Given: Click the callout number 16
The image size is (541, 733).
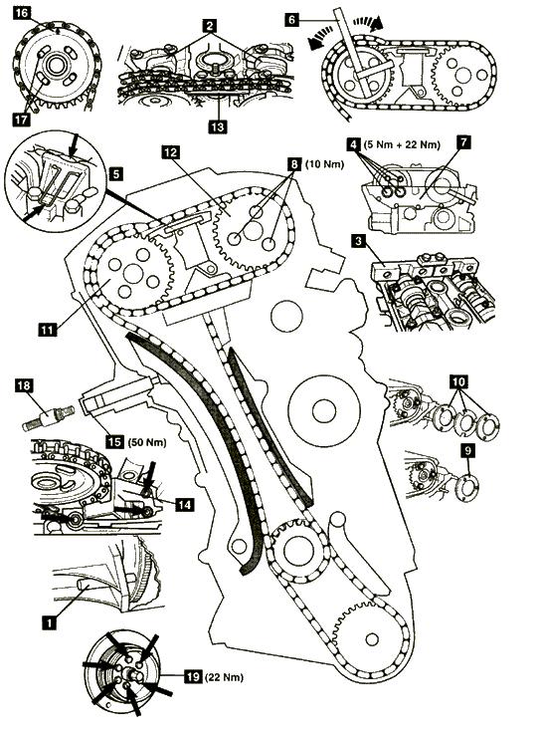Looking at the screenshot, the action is click(x=22, y=13).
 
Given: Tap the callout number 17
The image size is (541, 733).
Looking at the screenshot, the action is click(x=22, y=120).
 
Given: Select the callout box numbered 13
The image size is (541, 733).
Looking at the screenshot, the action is click(x=218, y=126).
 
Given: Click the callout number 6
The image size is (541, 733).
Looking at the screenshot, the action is click(x=292, y=20).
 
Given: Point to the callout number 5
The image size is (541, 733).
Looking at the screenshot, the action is click(x=116, y=174).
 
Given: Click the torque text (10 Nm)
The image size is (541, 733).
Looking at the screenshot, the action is click(x=324, y=164).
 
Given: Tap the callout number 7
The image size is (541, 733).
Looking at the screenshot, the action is click(x=463, y=142).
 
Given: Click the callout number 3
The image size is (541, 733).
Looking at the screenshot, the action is click(x=358, y=241).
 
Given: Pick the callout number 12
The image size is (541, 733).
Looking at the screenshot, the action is click(x=171, y=152).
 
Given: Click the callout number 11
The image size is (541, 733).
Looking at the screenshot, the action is click(x=47, y=330).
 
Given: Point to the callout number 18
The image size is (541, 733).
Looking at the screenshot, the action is click(x=24, y=385).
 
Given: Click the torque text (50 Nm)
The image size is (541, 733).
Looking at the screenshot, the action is click(x=146, y=442).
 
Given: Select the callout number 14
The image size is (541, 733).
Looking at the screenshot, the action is click(x=184, y=504).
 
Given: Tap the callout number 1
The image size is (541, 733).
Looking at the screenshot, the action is click(x=49, y=622).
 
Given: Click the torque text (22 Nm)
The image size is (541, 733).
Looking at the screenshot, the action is click(x=224, y=677).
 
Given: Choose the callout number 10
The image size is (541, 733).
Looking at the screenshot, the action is click(x=458, y=381).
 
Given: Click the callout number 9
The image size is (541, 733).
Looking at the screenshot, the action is click(x=467, y=450).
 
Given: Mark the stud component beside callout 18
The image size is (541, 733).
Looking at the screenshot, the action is click(x=49, y=417).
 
